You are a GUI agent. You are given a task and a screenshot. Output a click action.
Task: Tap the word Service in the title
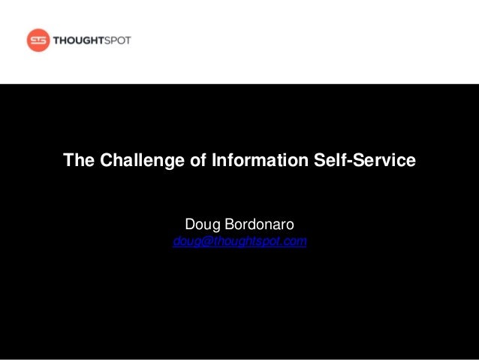pos(382,160)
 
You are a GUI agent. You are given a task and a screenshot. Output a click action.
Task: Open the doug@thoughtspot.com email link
pos(239,242)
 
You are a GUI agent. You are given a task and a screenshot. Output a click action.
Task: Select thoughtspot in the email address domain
pos(245,242)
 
